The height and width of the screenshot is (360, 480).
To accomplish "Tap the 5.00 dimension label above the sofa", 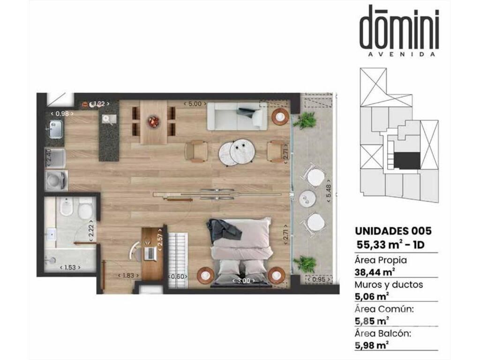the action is point(195,104).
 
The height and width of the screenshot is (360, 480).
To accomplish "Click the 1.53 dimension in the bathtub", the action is point(70,267).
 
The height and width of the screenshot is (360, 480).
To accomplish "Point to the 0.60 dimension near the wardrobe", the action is point(178,277).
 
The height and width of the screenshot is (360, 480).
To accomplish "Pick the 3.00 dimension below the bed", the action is point(243,280).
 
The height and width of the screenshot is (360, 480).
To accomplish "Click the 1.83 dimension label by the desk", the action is point(128,276).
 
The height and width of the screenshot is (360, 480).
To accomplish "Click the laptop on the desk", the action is point(150,253).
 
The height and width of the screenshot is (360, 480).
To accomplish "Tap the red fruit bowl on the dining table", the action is point(154,121).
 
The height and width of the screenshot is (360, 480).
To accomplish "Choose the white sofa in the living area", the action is point(237,116).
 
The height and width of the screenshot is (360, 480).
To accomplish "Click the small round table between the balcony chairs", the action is point(307,198).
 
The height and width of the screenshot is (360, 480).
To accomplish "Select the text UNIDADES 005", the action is point(393,231).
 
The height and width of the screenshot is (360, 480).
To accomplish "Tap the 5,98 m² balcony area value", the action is point(372,345).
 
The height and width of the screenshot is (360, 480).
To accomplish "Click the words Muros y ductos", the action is point(389,285).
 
